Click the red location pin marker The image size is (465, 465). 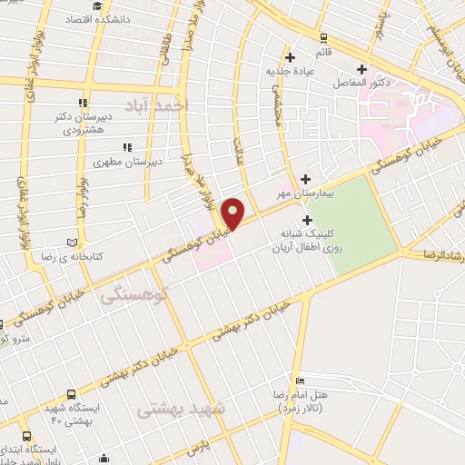[233, 213]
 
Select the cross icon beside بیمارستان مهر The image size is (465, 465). [305, 179]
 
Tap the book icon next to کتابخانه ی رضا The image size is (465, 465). [72, 242]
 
